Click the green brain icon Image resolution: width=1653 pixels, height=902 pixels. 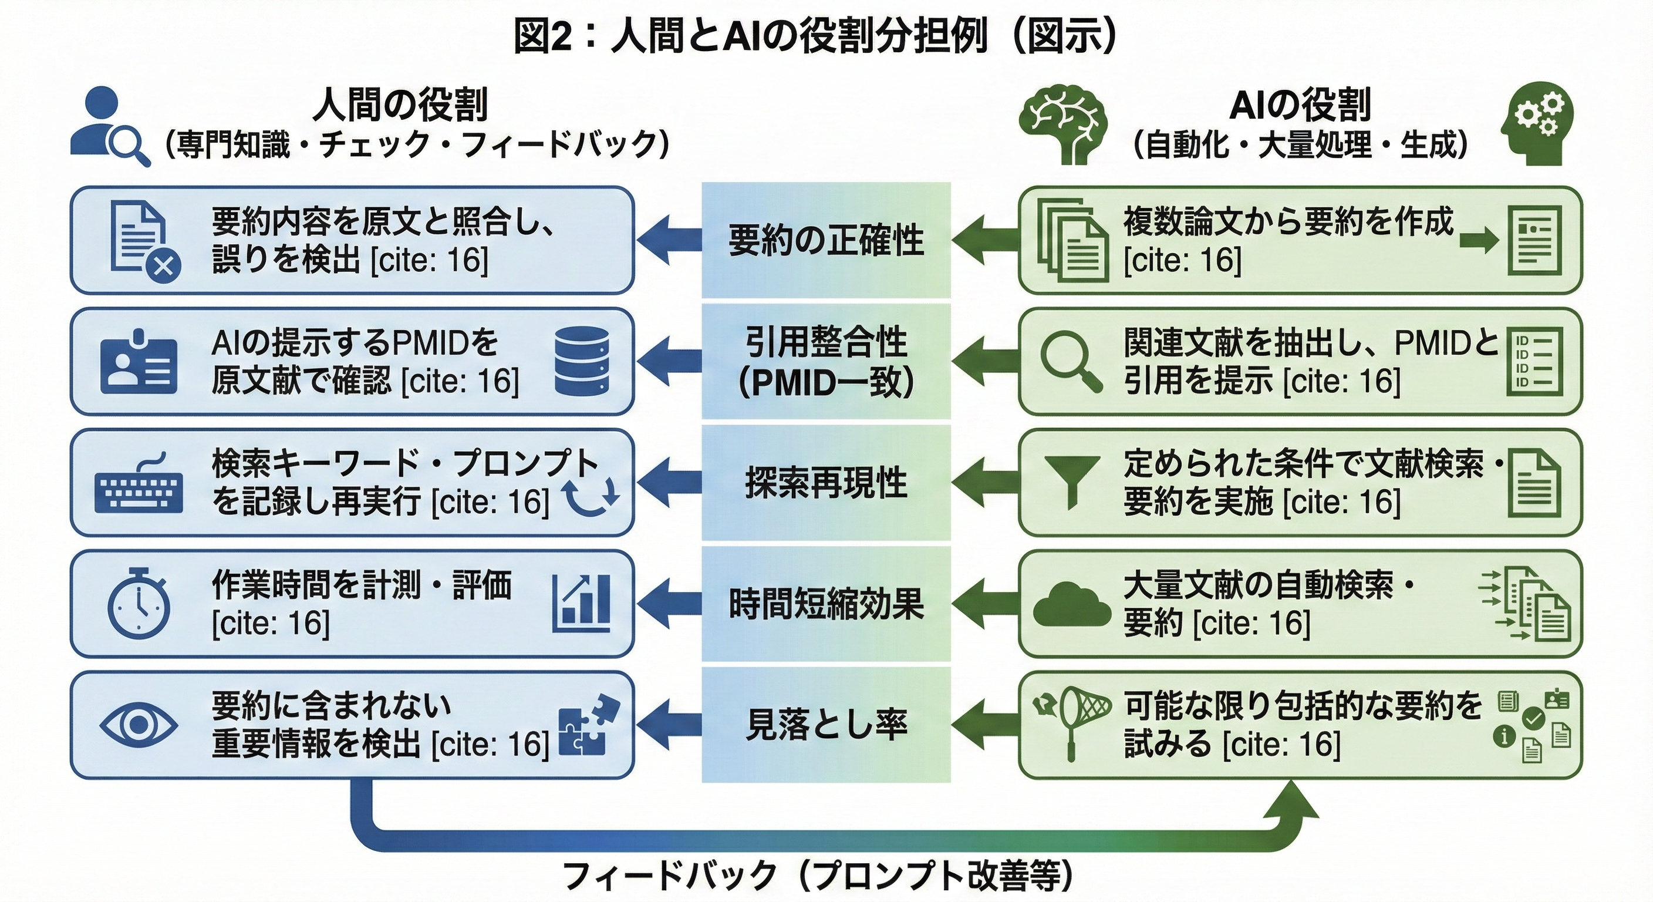coord(1064,126)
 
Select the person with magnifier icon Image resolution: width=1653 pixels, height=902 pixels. coord(109,128)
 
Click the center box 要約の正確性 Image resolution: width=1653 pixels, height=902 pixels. coord(826,240)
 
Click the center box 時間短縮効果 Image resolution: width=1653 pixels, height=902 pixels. coord(826,604)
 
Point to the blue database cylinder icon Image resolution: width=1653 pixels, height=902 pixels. coord(581,361)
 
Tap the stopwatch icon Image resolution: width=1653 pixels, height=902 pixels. coord(139,604)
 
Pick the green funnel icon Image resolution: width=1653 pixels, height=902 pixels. coord(1072,482)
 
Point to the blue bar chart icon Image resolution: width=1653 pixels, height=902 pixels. coord(581,604)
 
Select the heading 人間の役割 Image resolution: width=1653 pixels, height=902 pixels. coord(400,105)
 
